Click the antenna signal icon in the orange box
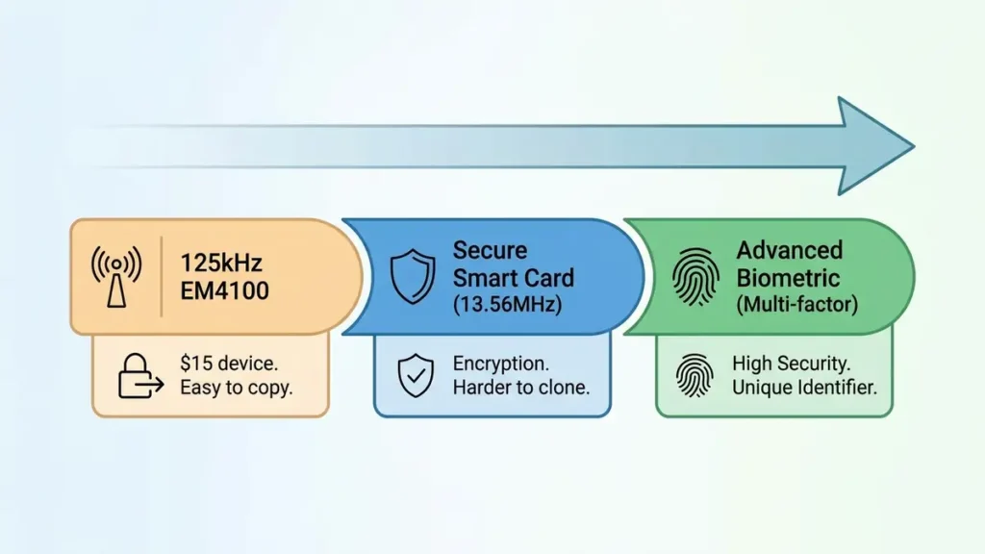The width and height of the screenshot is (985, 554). click(x=116, y=276)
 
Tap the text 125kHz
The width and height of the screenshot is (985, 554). click(x=222, y=263)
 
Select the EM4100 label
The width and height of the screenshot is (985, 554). click(x=225, y=290)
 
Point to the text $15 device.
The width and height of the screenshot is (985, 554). click(x=229, y=365)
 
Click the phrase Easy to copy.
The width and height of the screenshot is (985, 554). click(x=237, y=389)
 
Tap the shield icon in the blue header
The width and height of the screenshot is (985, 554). click(x=412, y=276)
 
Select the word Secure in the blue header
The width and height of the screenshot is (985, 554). click(x=490, y=251)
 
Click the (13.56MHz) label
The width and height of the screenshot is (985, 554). click(x=509, y=305)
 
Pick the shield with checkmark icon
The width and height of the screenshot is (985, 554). click(x=415, y=375)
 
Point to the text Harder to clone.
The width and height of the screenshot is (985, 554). click(x=520, y=389)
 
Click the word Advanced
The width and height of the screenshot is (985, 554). click(x=789, y=251)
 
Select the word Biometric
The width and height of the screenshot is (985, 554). click(x=788, y=279)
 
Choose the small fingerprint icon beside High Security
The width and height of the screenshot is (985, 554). click(x=695, y=375)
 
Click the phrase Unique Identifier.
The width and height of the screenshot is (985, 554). click(x=804, y=389)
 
